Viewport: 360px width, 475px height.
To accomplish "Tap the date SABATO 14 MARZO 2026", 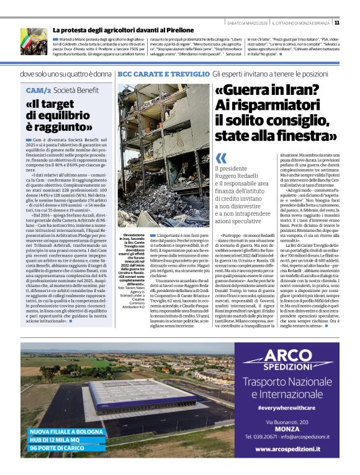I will (248, 22).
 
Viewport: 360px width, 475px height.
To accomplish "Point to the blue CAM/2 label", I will (38, 90).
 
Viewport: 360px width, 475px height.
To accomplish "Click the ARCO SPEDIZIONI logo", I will (286, 359).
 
